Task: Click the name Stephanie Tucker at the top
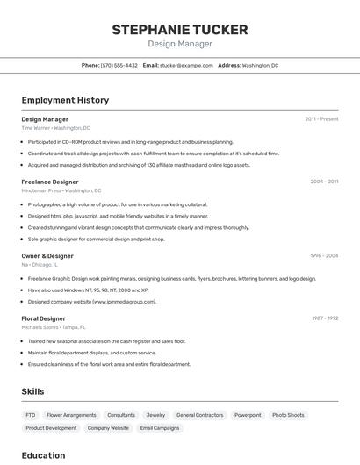179,30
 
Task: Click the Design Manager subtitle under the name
179,44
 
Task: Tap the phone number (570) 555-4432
119,65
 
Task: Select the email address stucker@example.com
186,65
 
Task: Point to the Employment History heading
65,100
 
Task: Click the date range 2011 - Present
321,119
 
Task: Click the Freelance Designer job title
51,182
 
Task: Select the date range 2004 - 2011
324,182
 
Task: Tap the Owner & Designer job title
47,256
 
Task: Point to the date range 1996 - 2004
324,256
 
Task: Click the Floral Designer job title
43,318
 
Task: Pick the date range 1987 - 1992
325,318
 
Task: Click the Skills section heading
32,391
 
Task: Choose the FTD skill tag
31,415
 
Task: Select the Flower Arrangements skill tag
71,415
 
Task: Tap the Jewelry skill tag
155,415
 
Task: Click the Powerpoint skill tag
248,415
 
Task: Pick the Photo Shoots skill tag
288,415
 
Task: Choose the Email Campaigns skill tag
160,428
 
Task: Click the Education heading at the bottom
43,455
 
